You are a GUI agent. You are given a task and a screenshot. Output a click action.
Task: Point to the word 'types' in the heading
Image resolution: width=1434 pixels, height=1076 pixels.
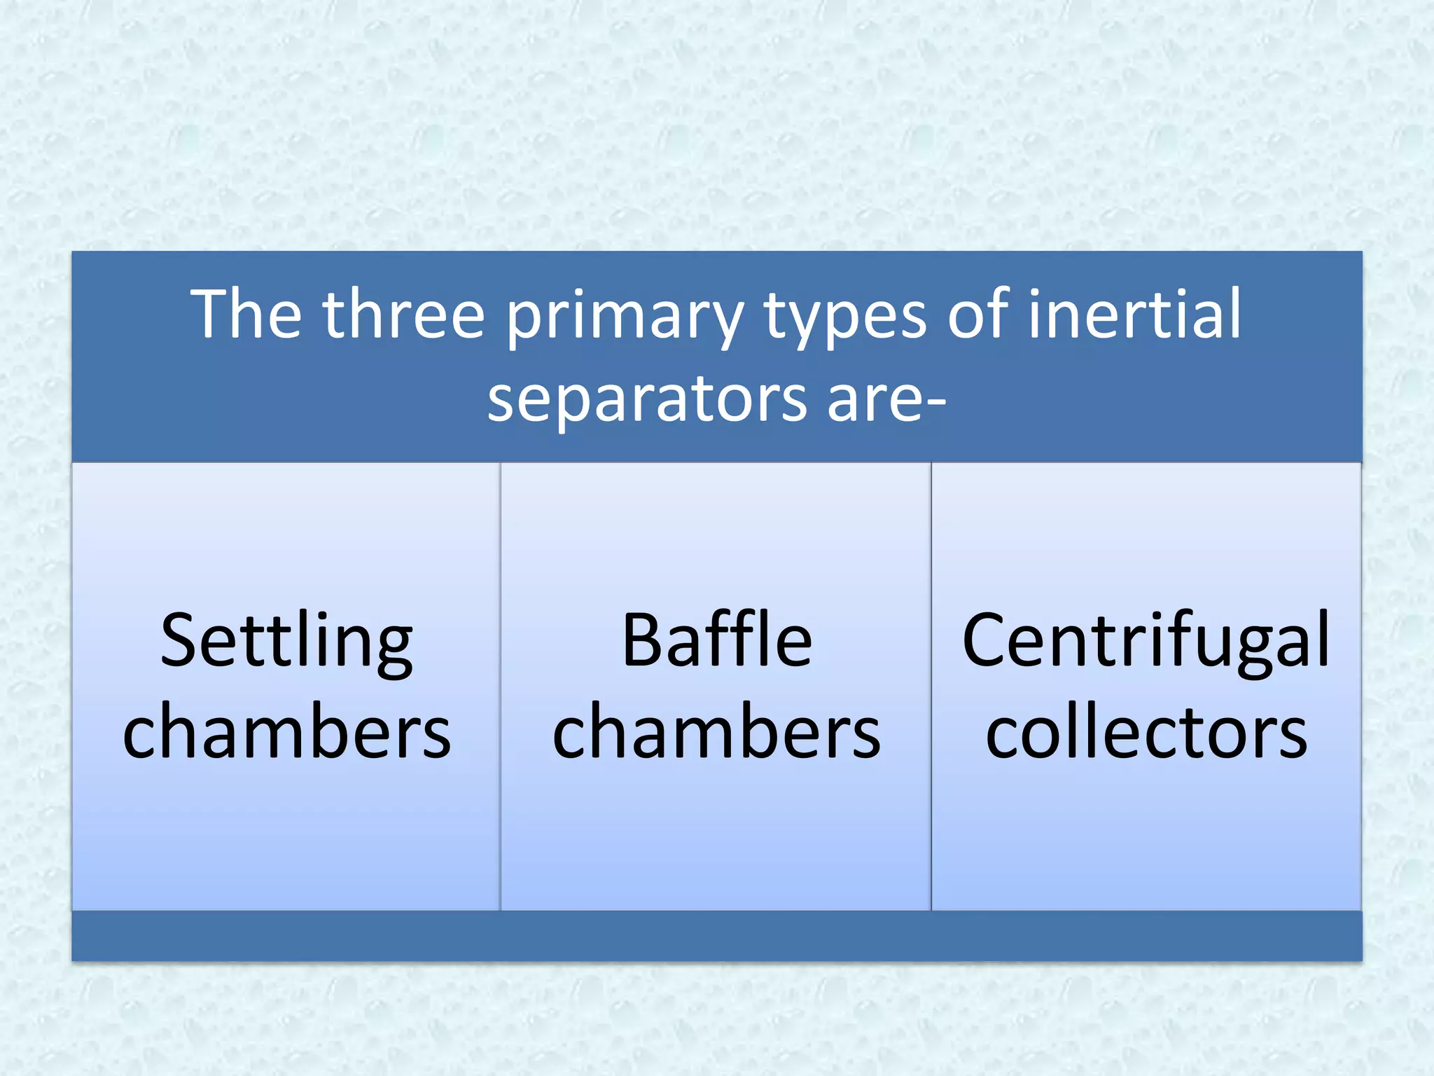tap(844, 319)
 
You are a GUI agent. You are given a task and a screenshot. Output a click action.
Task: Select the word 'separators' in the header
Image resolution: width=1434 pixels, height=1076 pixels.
tap(648, 401)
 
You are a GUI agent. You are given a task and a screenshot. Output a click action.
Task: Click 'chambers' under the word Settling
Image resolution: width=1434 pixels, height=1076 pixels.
tap(286, 732)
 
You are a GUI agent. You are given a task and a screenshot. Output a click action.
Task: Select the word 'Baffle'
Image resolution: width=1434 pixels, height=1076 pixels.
tap(717, 640)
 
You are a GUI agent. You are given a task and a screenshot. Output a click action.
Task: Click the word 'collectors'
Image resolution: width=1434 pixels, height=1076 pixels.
tap(1146, 732)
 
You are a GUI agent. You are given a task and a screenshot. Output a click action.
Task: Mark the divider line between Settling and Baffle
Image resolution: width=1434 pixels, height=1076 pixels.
tap(501, 687)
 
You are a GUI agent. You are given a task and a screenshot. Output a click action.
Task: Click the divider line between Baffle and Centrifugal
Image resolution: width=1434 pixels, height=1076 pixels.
tap(931, 687)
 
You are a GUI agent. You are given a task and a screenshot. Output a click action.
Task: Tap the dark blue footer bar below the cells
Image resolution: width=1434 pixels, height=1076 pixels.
tap(717, 936)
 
